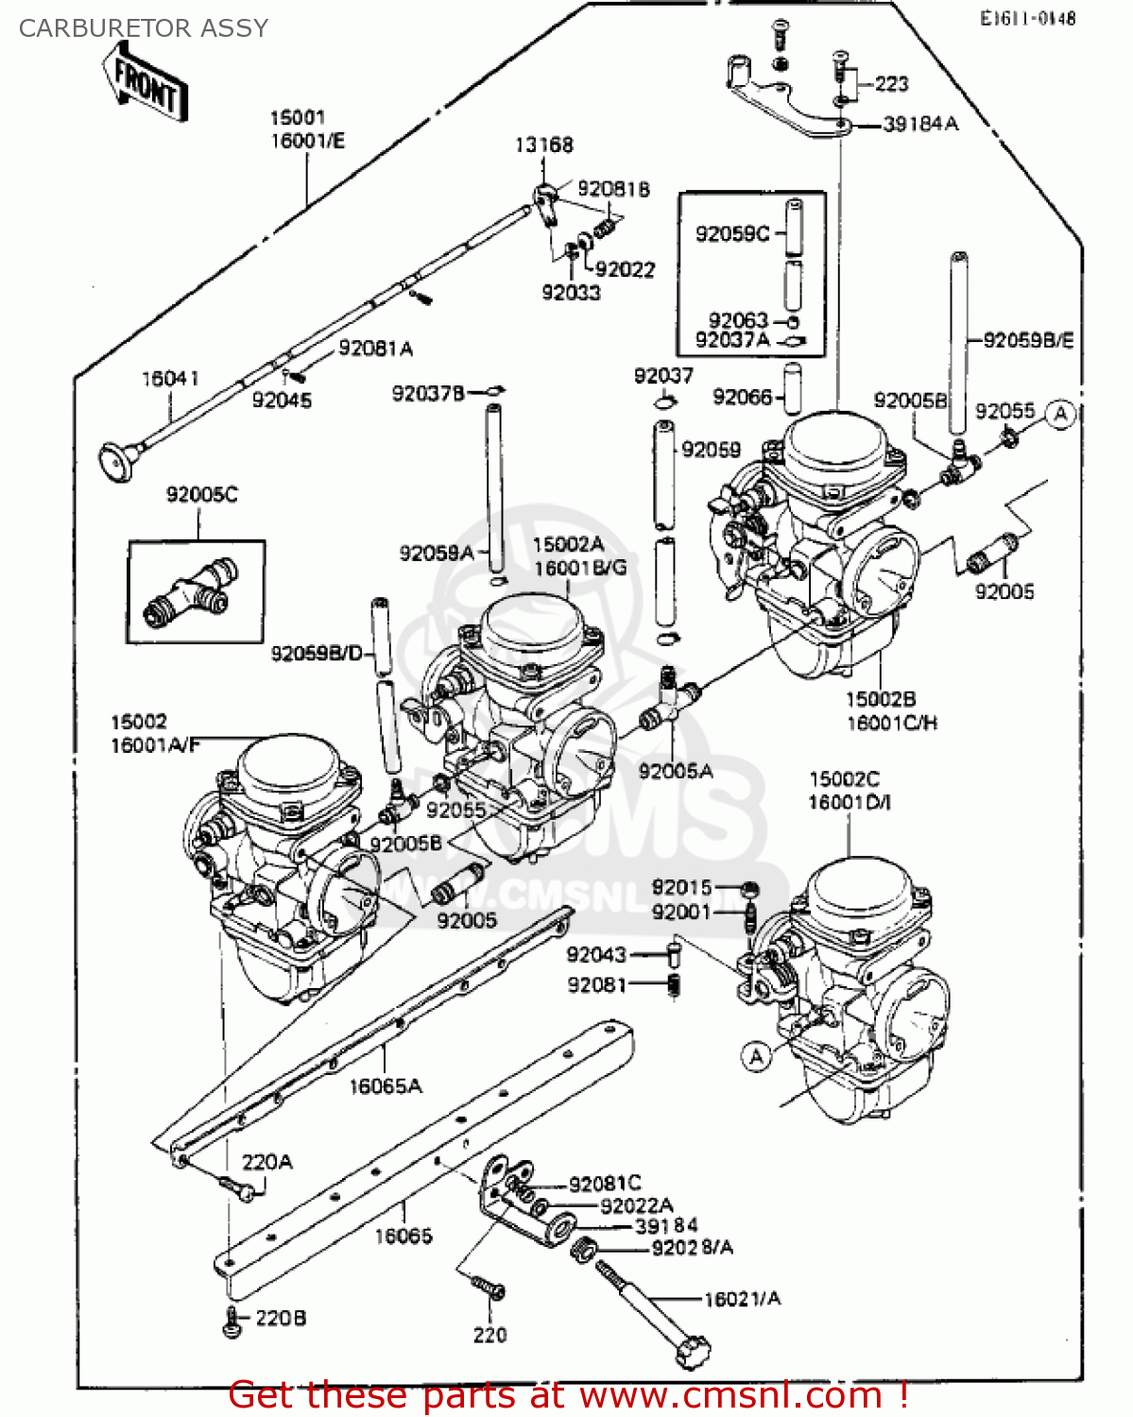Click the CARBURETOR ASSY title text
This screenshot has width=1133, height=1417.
pos(144,28)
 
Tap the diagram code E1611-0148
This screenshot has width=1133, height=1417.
pos(1027,18)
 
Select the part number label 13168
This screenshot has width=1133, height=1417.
pos(543,145)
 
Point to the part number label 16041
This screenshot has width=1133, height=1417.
pos(170,379)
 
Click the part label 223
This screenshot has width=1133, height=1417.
pos(891,84)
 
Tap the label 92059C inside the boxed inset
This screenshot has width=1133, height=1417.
pos(732,233)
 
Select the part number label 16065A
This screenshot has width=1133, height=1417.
pos(386,1086)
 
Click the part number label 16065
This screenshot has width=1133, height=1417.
pos(403,1236)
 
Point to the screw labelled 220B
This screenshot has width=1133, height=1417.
pos(232,1323)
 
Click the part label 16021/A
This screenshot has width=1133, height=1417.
pos(743,1299)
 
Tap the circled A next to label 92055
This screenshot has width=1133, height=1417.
pos(1061,414)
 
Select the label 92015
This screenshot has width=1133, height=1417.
pos(681,887)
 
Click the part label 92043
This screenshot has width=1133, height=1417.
pos(596,955)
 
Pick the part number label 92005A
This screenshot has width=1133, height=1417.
pos(676,772)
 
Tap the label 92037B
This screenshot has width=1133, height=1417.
pos(428,393)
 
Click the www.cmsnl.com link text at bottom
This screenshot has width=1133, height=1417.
pos(730,1395)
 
